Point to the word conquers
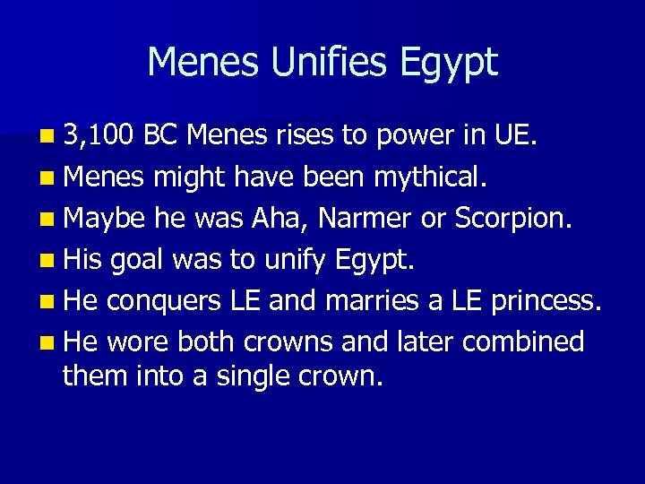pos(167,300)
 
